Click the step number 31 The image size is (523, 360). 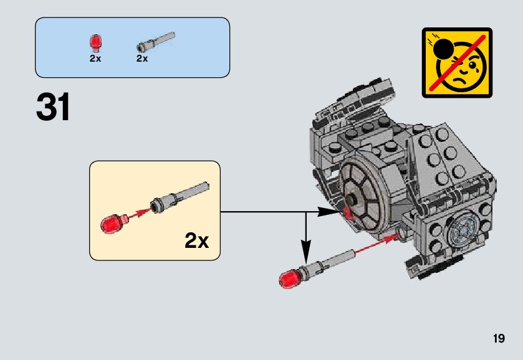pyautogui.click(x=53, y=108)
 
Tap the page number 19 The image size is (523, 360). pyautogui.click(x=498, y=339)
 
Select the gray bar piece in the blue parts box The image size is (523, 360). pyautogui.click(x=155, y=41)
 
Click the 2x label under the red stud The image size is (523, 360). pyautogui.click(x=95, y=59)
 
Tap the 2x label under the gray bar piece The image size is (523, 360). pyautogui.click(x=142, y=59)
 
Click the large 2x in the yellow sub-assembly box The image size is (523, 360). pyautogui.click(x=196, y=240)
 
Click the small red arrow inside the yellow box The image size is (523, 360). pyautogui.click(x=140, y=212)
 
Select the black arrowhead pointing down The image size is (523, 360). pyautogui.click(x=305, y=253)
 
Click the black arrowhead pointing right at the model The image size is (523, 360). pyautogui.click(x=327, y=212)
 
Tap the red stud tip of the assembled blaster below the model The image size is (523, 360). pyautogui.click(x=288, y=277)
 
